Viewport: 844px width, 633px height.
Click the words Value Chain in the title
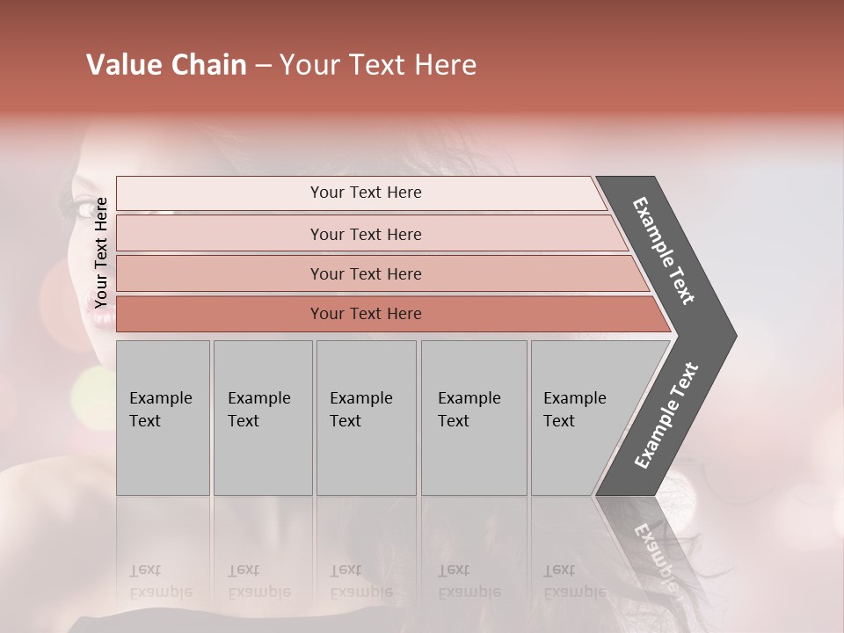[x=166, y=65]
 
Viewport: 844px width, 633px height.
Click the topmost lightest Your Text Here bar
[x=365, y=193]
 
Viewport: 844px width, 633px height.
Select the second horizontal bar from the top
[x=365, y=234]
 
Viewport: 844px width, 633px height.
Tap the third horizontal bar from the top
[x=365, y=273]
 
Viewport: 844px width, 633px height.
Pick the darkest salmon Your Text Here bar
[x=365, y=314]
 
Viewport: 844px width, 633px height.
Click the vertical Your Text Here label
[x=101, y=252]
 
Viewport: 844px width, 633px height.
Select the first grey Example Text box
[x=163, y=418]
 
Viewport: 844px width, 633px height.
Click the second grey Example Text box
[x=262, y=418]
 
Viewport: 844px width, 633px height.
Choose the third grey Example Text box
[x=365, y=418]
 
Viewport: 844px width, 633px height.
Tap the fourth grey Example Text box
[x=473, y=418]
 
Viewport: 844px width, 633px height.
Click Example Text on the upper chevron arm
[x=665, y=251]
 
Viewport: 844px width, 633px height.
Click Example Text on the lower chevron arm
[x=666, y=416]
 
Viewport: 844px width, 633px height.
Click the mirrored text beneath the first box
[x=160, y=581]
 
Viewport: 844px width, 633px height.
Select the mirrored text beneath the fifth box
[x=574, y=581]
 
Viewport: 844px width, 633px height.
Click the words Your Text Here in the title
[x=378, y=65]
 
